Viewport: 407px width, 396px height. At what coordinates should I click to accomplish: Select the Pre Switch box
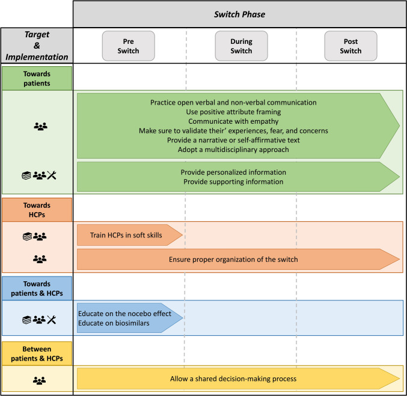[129, 46]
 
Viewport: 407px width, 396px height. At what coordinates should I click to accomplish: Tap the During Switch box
[242, 46]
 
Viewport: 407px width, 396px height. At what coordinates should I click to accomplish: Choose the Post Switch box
[350, 46]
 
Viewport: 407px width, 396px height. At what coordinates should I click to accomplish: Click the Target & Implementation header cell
[37, 46]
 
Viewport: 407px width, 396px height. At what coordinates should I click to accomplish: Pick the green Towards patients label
[37, 78]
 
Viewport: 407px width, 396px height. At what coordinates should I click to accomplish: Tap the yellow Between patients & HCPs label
[37, 353]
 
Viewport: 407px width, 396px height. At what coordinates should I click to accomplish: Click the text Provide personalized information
[231, 172]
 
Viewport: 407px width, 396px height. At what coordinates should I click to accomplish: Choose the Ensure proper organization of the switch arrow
[234, 260]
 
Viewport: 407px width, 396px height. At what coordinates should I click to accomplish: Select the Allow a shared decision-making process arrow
[234, 379]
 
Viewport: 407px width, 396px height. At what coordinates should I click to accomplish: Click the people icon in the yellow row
[40, 380]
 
